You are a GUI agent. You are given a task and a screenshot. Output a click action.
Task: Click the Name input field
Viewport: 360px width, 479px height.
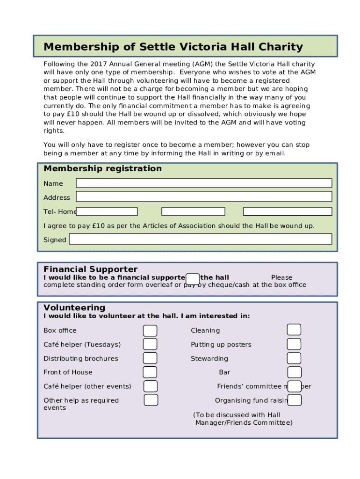click(204, 183)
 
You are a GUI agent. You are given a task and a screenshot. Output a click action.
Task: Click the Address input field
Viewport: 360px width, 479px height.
click(204, 196)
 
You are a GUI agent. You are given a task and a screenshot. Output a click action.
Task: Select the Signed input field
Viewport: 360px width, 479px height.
click(200, 239)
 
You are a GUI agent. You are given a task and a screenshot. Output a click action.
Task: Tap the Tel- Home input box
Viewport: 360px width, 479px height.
click(107, 211)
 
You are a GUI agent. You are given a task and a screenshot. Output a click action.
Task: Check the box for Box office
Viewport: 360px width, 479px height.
click(150, 331)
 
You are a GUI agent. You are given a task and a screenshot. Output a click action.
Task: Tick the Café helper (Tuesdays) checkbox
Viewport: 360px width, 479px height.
click(150, 344)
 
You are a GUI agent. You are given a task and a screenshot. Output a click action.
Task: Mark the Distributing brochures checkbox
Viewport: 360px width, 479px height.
click(150, 358)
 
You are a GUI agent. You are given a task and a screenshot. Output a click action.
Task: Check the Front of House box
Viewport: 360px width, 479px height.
click(150, 372)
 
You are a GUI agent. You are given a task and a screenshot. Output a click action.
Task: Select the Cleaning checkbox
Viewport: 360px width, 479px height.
click(294, 330)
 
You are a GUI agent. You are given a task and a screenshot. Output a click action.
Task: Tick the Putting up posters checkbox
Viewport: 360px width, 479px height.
click(294, 344)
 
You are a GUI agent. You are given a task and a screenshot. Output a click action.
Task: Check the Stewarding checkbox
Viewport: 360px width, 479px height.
click(294, 358)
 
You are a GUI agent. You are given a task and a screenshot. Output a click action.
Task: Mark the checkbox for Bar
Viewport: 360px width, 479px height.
click(295, 372)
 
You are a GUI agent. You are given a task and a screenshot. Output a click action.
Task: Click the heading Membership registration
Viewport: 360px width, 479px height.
click(102, 168)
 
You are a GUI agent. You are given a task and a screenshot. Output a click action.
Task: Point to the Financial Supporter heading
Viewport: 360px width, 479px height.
click(90, 269)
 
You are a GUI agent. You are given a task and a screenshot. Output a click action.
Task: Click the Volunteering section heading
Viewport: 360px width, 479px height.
click(74, 307)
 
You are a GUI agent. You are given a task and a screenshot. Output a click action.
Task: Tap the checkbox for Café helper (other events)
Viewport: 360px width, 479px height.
click(151, 386)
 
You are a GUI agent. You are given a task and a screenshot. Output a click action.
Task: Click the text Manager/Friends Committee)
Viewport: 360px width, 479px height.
click(244, 423)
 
